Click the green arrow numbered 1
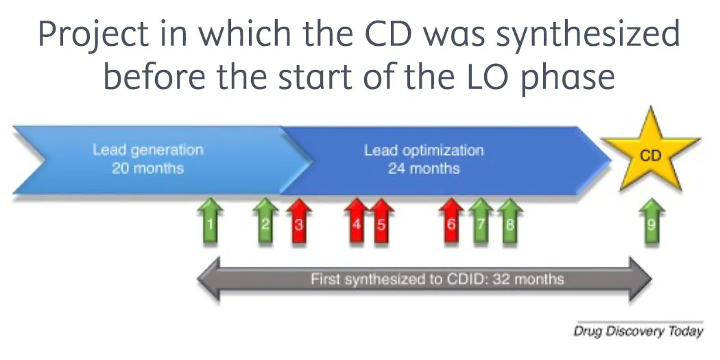(211, 222)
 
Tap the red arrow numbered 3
(298, 222)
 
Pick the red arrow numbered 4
(357, 222)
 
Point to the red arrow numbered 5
(382, 222)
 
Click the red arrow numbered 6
(451, 222)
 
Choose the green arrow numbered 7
(481, 222)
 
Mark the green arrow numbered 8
(509, 222)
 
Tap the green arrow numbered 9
(651, 222)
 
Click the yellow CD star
(650, 157)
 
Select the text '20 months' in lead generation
(148, 168)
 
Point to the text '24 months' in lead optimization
(424, 169)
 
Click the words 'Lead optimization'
(424, 151)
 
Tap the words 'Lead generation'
(148, 150)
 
